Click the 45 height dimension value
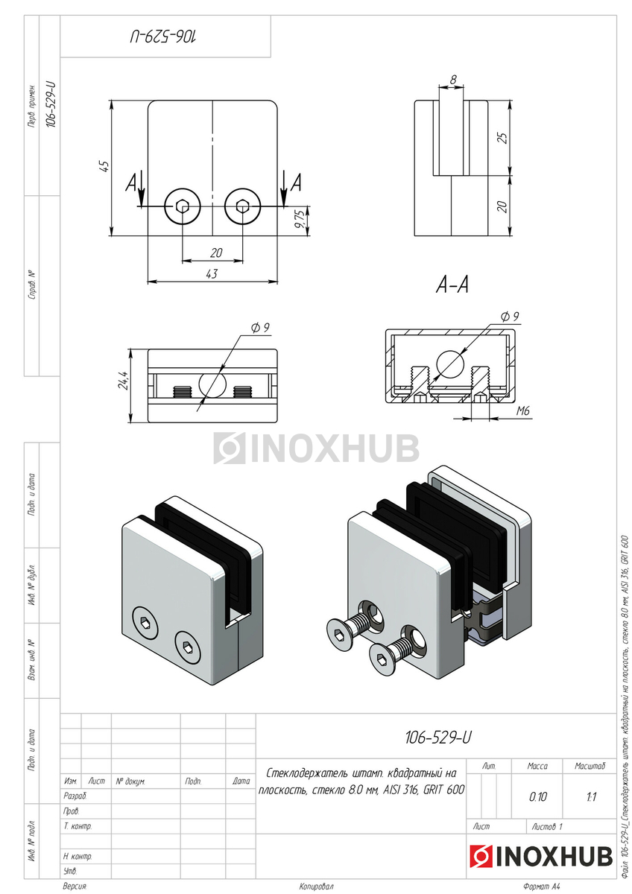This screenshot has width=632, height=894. pyautogui.click(x=105, y=167)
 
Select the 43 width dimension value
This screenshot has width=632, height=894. pyautogui.click(x=211, y=273)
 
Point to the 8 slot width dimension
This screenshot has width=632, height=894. pyautogui.click(x=453, y=77)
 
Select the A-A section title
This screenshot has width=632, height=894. pyautogui.click(x=452, y=285)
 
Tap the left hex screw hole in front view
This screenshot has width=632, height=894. pyautogui.click(x=183, y=206)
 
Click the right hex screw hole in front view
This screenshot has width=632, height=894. pyautogui.click(x=242, y=206)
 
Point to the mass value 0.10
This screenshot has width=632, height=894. pyautogui.click(x=537, y=796)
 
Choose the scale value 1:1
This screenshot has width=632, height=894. pyautogui.click(x=590, y=796)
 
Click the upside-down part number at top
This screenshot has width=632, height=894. pyautogui.click(x=165, y=35)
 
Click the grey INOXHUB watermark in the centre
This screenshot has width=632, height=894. pyautogui.click(x=317, y=448)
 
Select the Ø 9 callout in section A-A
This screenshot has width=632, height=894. pyautogui.click(x=510, y=317)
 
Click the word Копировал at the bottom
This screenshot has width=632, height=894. pyautogui.click(x=316, y=887)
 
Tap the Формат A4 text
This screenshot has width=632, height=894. pyautogui.click(x=541, y=887)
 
